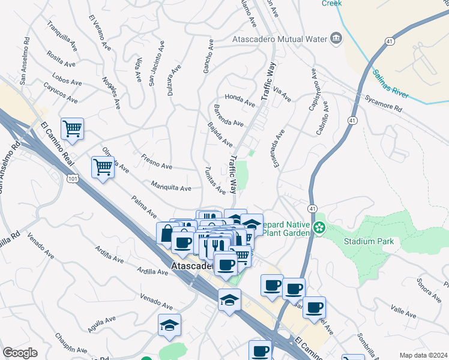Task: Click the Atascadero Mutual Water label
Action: (279, 40)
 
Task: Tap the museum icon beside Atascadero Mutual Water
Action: (336, 40)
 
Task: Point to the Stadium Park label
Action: (369, 242)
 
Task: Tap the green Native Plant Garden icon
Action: (321, 227)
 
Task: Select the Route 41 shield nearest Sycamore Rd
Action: (354, 121)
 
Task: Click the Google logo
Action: (20, 353)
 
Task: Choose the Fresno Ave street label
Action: (157, 162)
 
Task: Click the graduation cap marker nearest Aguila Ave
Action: (170, 325)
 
